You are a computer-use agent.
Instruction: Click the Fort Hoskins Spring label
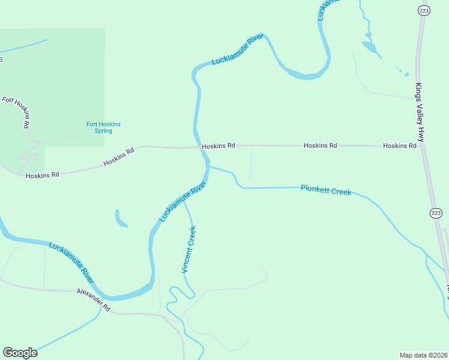tap(103, 127)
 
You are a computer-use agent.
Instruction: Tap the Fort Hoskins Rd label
tap(16, 112)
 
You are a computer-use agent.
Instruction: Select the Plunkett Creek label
tap(325, 190)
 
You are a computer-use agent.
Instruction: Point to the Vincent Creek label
tap(188, 250)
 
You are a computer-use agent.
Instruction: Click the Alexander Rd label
tap(94, 299)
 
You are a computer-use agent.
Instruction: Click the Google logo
tap(20, 353)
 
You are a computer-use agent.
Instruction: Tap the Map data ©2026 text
tap(423, 355)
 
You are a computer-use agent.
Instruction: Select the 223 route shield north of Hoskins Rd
tap(423, 10)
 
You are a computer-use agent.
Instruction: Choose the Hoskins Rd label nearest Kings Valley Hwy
tap(399, 146)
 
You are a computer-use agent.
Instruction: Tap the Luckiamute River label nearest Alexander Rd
tap(71, 263)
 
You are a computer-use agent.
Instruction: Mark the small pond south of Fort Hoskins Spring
tap(121, 218)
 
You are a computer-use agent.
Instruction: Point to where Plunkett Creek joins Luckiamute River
tap(209, 167)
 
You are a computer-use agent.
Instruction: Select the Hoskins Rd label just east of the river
tap(218, 146)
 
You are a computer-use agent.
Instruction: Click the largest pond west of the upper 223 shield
tap(369, 46)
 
